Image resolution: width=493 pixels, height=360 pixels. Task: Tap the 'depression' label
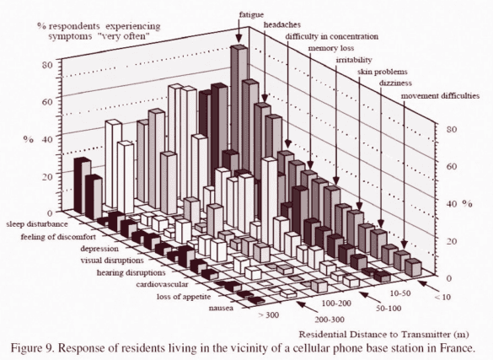coord(103,250)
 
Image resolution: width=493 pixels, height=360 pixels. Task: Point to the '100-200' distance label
coord(335,300)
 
